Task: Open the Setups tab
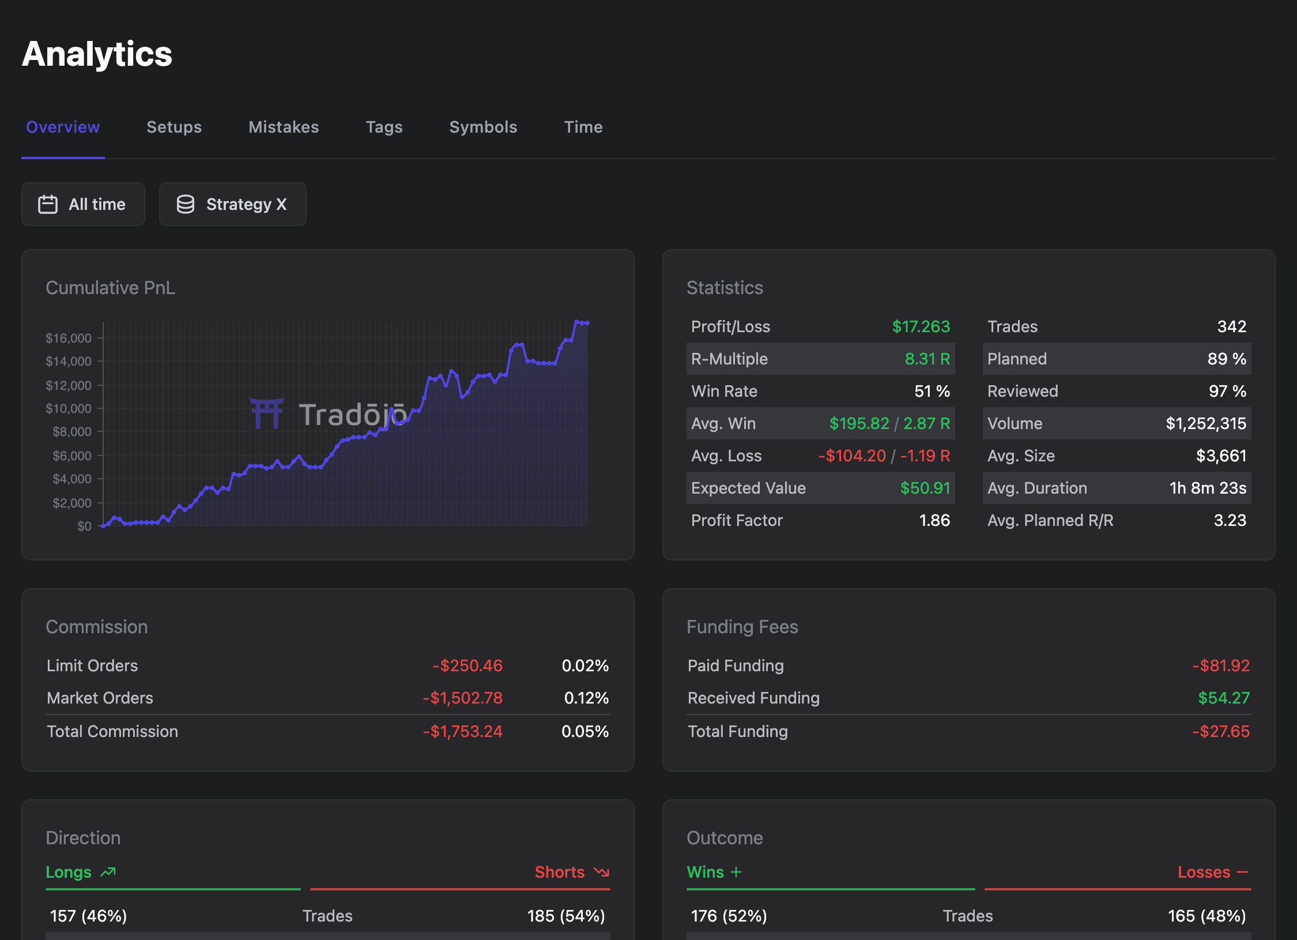(174, 127)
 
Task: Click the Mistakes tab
(284, 127)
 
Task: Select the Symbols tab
(483, 127)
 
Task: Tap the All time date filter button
(83, 204)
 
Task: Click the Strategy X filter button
(232, 204)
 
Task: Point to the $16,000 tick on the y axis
(69, 338)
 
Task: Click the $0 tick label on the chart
(84, 526)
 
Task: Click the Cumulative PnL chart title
(110, 288)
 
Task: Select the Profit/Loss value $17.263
(921, 326)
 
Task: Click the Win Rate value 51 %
(932, 391)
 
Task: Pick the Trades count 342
(1231, 326)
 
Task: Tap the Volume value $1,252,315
(1205, 423)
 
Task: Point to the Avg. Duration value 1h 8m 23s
(1208, 488)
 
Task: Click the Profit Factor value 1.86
(934, 520)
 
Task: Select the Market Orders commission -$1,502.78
(462, 698)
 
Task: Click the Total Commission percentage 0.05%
(585, 731)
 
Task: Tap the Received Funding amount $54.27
(1223, 698)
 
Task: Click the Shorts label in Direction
(559, 872)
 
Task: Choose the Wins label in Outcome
(705, 872)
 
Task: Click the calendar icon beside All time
(48, 204)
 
